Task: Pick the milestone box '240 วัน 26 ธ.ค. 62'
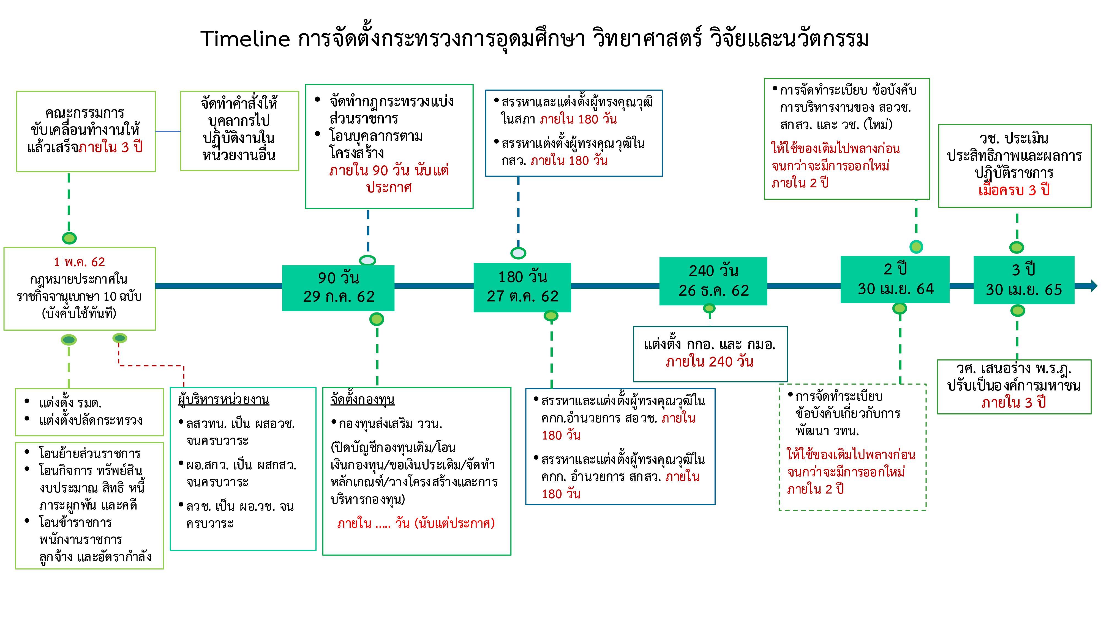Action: point(713,281)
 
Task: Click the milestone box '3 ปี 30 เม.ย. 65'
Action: point(1024,280)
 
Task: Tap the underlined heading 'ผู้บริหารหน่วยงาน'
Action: point(224,400)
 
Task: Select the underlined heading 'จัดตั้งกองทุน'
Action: point(363,400)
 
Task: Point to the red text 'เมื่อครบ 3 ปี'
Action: point(1014,190)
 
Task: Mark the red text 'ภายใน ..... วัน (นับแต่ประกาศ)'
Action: point(416,523)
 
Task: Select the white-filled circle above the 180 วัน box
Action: point(519,253)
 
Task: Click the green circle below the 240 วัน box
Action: point(709,308)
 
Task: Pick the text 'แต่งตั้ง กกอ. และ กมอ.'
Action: point(710,344)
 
